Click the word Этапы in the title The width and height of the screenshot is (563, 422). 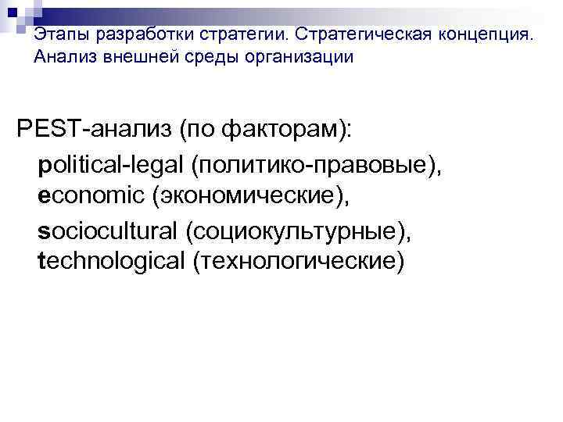[57, 35]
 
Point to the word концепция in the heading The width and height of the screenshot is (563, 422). [485, 35]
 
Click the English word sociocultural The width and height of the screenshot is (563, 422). [109, 229]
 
